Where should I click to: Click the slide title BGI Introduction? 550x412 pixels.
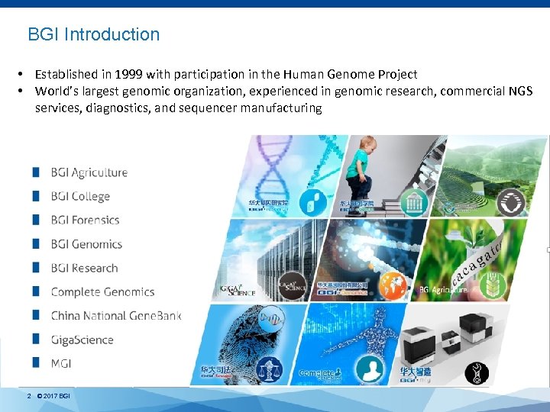click(x=93, y=35)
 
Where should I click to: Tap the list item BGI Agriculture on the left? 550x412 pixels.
click(x=89, y=172)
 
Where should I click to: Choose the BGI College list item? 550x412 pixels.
click(x=80, y=197)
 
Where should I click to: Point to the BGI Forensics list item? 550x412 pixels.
click(x=85, y=220)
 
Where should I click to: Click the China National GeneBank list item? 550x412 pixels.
click(x=115, y=316)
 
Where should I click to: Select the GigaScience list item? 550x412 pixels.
click(x=82, y=340)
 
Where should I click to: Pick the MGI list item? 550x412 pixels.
click(x=61, y=363)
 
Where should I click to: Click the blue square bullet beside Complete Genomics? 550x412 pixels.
click(x=36, y=291)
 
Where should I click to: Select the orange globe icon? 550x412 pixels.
click(x=392, y=283)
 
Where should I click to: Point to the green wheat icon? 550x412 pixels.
click(x=507, y=288)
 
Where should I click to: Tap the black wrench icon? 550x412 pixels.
click(x=478, y=372)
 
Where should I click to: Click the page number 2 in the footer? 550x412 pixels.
click(x=29, y=396)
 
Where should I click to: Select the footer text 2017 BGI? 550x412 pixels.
click(x=57, y=396)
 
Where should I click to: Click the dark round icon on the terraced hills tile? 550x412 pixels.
click(x=509, y=203)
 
